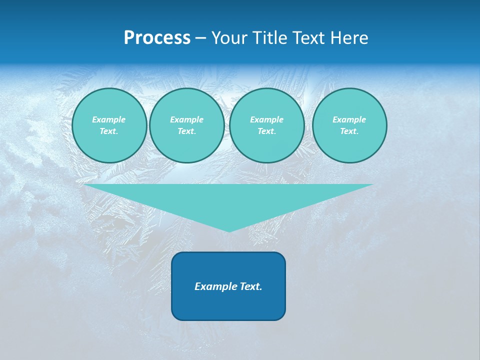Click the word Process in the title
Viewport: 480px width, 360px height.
[157, 38]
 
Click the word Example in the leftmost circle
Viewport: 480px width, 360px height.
[109, 119]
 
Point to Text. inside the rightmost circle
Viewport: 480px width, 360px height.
[349, 131]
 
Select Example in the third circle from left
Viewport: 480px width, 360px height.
[266, 119]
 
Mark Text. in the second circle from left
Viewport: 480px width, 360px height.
[186, 131]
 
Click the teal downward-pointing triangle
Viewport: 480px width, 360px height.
[228, 200]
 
